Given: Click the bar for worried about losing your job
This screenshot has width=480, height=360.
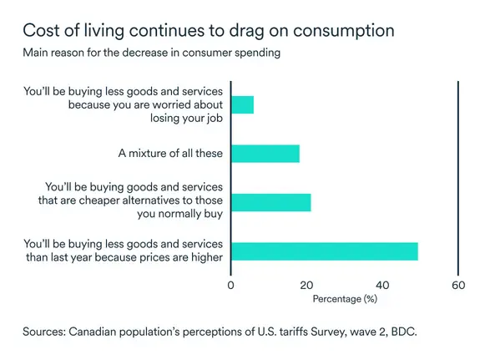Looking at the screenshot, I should (x=242, y=104).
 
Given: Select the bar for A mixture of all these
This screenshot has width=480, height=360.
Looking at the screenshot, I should (x=265, y=154).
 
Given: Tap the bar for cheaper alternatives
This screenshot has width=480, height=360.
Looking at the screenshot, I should (x=270, y=202).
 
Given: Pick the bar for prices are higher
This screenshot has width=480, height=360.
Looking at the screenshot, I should (x=324, y=251).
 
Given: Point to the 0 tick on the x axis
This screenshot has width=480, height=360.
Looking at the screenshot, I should (x=231, y=284).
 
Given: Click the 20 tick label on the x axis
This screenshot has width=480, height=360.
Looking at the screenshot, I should (x=306, y=284).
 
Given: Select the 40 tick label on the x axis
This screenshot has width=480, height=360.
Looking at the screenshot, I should (x=382, y=284).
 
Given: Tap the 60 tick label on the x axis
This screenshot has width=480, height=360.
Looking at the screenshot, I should (x=457, y=284).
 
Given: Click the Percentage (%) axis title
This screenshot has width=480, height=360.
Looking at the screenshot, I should (x=345, y=298).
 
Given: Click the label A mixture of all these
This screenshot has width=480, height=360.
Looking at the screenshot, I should (x=171, y=154).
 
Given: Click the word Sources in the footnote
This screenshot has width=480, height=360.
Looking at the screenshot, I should (x=45, y=332).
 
